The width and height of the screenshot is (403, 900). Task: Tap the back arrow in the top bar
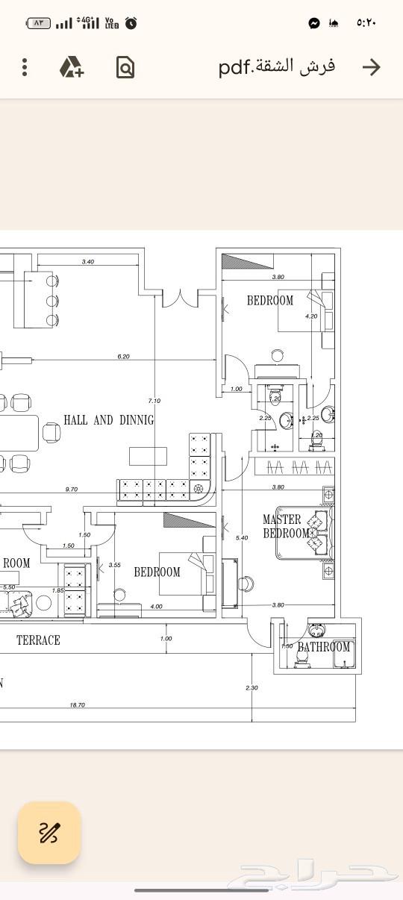(371, 67)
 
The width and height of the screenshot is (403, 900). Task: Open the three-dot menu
(25, 67)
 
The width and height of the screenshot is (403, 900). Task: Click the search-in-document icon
(125, 68)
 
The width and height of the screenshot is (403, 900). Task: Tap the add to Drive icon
(72, 67)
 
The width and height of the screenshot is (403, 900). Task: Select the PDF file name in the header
(276, 67)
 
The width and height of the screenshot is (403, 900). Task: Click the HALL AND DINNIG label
(108, 420)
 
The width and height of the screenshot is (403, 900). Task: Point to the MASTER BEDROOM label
(284, 526)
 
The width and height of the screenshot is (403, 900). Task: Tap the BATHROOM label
(323, 647)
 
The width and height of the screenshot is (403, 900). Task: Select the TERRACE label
(38, 640)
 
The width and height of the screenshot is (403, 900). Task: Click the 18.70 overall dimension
(77, 704)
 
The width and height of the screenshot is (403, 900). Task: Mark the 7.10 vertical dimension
(154, 400)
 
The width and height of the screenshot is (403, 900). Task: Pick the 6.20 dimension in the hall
(123, 357)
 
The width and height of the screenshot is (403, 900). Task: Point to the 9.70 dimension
(72, 490)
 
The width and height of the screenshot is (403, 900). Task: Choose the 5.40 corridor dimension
(241, 538)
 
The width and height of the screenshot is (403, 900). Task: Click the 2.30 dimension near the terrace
(252, 688)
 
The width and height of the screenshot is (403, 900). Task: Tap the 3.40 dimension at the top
(88, 261)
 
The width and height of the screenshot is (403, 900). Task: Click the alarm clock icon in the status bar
(131, 23)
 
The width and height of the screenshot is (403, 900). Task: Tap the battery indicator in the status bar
(38, 23)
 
